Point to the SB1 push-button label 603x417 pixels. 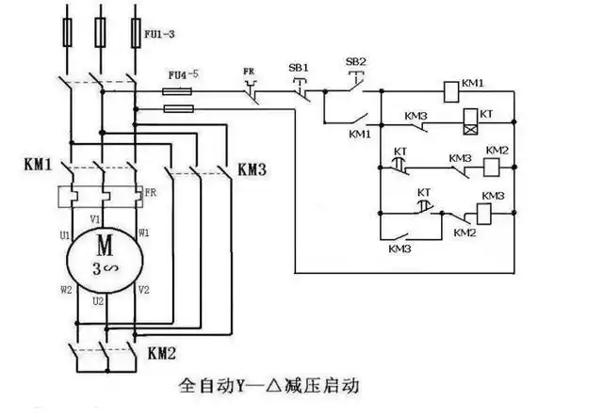298,69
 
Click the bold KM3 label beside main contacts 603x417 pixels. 252,169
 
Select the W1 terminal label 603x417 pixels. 143,230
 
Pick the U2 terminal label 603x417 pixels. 97,301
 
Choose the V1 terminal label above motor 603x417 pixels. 94,219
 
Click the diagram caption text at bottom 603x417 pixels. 269,386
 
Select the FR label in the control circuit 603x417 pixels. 251,70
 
